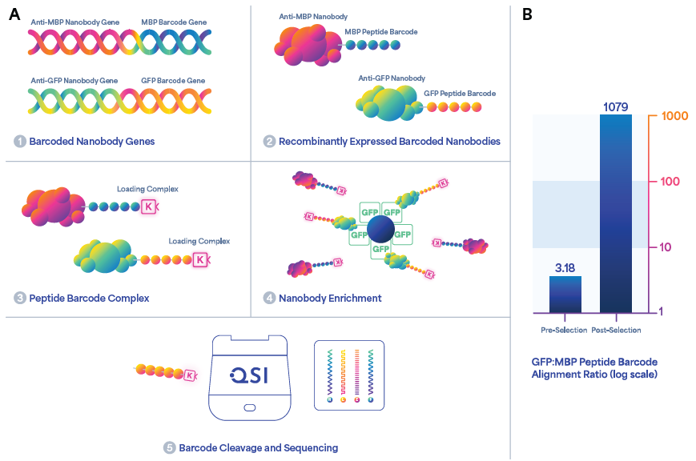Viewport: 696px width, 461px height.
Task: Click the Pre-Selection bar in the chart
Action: point(565,294)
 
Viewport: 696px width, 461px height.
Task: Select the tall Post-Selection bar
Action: point(615,212)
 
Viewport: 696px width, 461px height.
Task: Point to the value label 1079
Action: point(615,106)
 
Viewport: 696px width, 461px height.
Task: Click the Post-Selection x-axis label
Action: point(616,330)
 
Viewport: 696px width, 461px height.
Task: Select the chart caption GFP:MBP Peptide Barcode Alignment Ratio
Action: point(594,367)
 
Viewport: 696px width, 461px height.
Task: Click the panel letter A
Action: point(14,14)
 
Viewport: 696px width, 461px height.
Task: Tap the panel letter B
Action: point(527,14)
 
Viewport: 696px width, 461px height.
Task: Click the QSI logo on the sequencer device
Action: point(249,375)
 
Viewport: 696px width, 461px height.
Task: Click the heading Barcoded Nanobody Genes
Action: point(91,142)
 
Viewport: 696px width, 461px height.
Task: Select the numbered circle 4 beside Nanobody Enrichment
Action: point(269,299)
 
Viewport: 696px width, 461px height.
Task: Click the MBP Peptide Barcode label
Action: point(380,32)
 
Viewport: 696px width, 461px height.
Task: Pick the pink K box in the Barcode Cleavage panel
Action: point(190,375)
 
